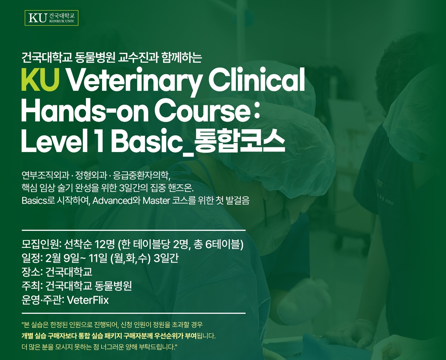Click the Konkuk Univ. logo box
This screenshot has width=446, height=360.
(x=52, y=18)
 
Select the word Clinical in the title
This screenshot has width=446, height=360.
(x=256, y=79)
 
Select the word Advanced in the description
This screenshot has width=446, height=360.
(x=113, y=201)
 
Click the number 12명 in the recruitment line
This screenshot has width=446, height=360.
(x=105, y=244)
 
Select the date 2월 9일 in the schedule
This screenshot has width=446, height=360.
(x=62, y=258)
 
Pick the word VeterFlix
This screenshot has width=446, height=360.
(x=88, y=300)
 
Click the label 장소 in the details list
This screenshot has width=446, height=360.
(x=31, y=272)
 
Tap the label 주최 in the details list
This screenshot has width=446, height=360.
(x=31, y=286)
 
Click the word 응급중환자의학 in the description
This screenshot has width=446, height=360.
(x=141, y=176)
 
